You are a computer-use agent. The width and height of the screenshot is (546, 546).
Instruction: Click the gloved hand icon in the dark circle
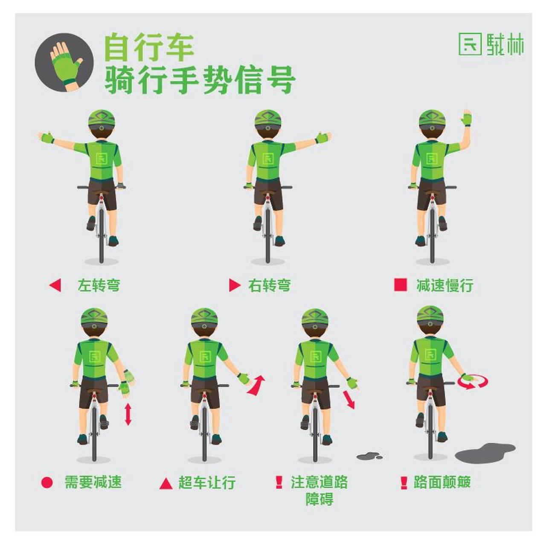click(x=65, y=63)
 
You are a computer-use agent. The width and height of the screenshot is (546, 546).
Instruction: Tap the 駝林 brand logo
click(x=491, y=44)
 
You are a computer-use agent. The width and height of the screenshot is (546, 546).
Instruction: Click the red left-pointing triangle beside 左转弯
click(x=55, y=285)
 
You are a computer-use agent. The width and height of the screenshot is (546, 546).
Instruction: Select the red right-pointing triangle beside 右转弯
click(x=234, y=285)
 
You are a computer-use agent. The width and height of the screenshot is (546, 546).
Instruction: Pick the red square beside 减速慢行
click(x=400, y=285)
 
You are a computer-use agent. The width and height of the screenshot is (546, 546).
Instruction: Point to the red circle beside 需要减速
click(x=47, y=482)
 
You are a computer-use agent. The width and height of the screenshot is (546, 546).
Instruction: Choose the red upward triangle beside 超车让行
click(x=166, y=483)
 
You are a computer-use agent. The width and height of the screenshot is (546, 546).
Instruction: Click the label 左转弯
click(x=99, y=285)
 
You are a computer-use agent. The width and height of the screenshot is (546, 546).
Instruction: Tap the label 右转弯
click(x=269, y=285)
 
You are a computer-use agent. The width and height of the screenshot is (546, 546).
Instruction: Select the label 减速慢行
click(x=445, y=285)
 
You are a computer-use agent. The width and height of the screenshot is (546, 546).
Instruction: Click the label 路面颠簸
click(x=442, y=482)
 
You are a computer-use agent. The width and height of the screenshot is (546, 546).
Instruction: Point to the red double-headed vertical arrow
click(x=128, y=414)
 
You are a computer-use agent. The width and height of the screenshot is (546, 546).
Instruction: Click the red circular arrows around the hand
click(x=473, y=381)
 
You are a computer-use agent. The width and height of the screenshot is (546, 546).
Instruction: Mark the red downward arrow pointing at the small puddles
click(x=349, y=399)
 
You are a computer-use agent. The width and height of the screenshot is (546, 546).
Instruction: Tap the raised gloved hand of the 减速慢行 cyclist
click(x=467, y=118)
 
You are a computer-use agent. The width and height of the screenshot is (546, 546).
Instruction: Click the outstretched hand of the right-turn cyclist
click(x=323, y=138)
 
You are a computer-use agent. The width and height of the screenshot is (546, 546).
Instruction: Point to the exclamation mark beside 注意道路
click(x=279, y=482)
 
